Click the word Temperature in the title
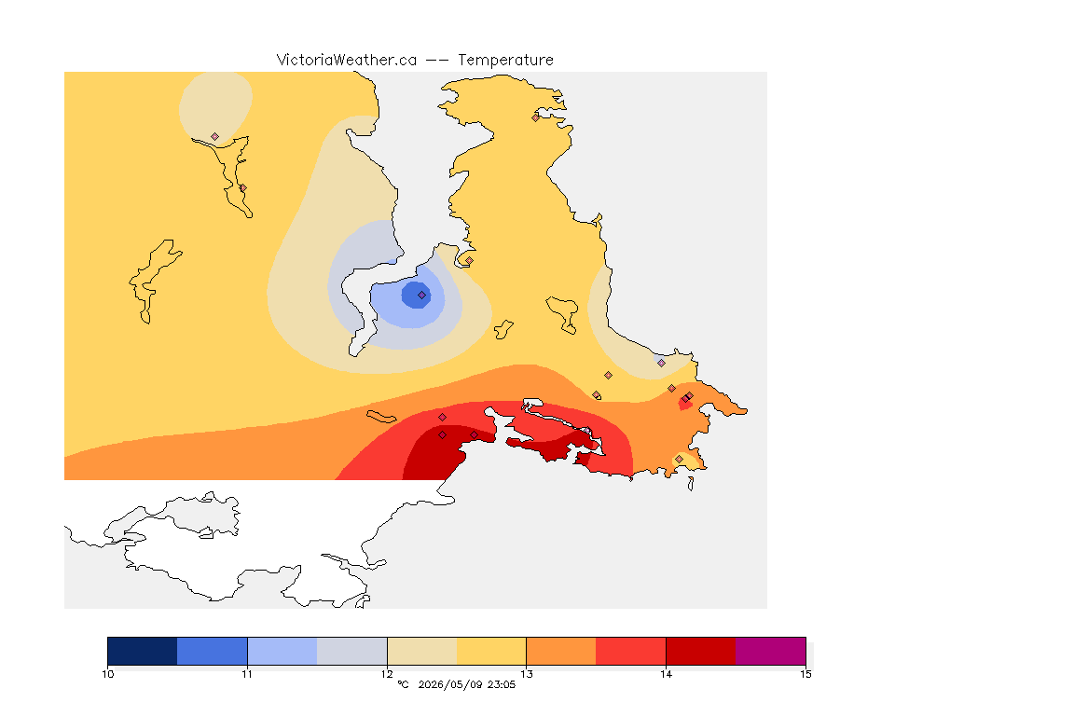pyautogui.click(x=505, y=61)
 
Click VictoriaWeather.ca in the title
pyautogui.click(x=347, y=61)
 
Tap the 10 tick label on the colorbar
pyautogui.click(x=107, y=674)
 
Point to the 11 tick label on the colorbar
pyautogui.click(x=247, y=674)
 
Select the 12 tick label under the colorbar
pyautogui.click(x=387, y=674)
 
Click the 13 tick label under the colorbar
pyautogui.click(x=526, y=674)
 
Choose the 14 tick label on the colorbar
pyautogui.click(x=666, y=674)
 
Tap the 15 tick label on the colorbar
pyautogui.click(x=805, y=674)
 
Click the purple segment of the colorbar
pyautogui.click(x=771, y=651)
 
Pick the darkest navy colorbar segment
pyautogui.click(x=143, y=651)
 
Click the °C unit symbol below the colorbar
pyautogui.click(x=403, y=684)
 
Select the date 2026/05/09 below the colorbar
pyautogui.click(x=450, y=684)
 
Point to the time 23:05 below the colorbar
pyautogui.click(x=502, y=684)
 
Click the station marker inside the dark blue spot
pyautogui.click(x=422, y=296)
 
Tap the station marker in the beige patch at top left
pyautogui.click(x=215, y=137)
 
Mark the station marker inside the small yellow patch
pyautogui.click(x=679, y=459)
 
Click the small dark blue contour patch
pyautogui.click(x=417, y=296)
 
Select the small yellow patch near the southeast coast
pyautogui.click(x=689, y=461)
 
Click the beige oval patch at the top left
pyautogui.click(x=215, y=106)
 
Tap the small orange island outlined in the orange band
pyautogui.click(x=381, y=417)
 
